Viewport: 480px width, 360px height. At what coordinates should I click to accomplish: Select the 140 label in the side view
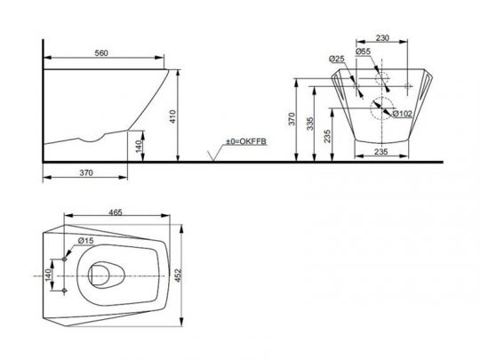click(138, 145)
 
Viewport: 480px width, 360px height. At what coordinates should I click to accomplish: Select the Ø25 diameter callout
click(337, 59)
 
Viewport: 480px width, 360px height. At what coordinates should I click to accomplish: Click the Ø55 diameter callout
click(364, 52)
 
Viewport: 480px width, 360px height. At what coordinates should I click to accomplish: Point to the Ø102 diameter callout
click(399, 113)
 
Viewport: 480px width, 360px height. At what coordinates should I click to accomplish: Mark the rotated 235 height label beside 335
click(326, 136)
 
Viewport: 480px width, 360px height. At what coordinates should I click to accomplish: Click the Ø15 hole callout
click(86, 240)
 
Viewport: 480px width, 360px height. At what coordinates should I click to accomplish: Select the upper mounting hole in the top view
click(67, 261)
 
